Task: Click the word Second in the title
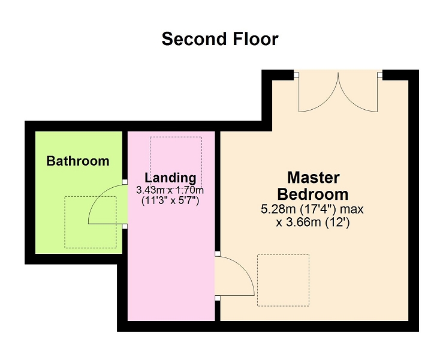pos(194,39)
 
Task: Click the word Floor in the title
pos(256,39)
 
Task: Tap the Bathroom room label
pos(78,161)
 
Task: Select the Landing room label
pos(170,178)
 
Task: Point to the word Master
pos(314,178)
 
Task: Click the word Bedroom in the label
pos(313,194)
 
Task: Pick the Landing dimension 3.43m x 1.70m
pos(170,190)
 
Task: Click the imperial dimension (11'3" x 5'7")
pos(170,201)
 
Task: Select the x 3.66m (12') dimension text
pos(313,223)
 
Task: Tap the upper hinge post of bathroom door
pos(125,182)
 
